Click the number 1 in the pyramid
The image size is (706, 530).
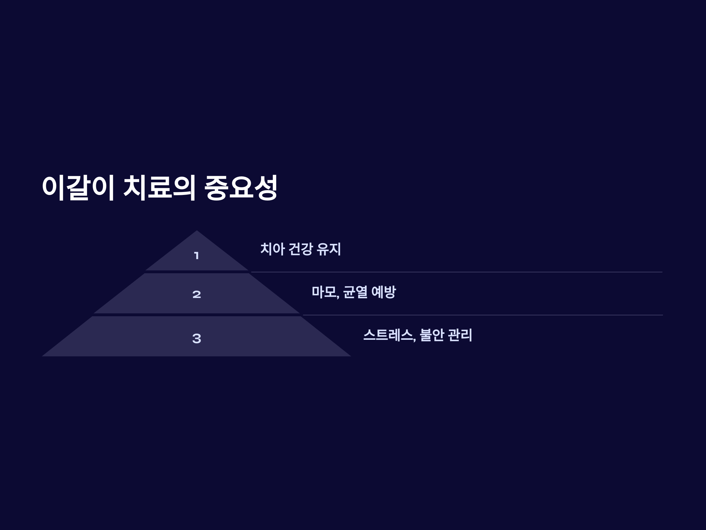point(197,256)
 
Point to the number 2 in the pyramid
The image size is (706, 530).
point(197,294)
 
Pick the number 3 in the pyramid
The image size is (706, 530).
point(197,338)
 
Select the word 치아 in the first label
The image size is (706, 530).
point(272,249)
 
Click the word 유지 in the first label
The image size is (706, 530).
point(329,249)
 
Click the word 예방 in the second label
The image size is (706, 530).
point(384,292)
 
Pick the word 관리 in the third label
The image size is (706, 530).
point(460,335)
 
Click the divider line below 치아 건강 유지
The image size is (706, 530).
point(457,272)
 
